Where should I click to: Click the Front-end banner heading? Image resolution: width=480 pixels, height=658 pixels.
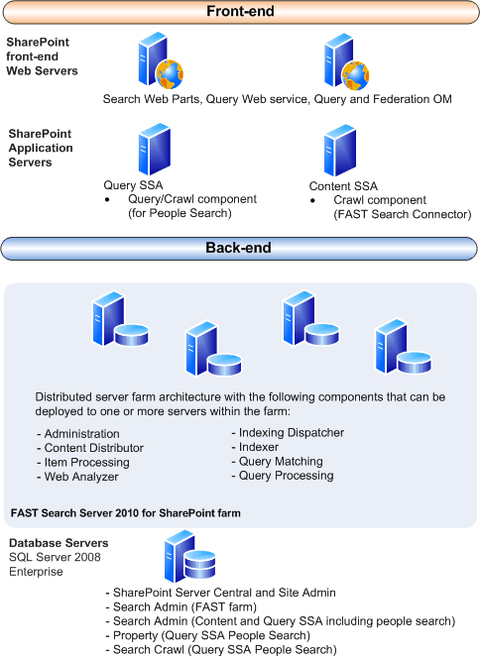pyautogui.click(x=241, y=12)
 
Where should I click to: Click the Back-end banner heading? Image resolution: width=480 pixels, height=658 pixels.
pyautogui.click(x=240, y=247)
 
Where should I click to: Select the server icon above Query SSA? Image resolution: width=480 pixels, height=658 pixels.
pyautogui.click(x=152, y=149)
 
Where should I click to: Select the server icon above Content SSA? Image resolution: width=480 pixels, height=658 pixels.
pyautogui.click(x=339, y=149)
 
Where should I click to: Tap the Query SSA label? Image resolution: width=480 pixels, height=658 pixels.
pyautogui.click(x=133, y=185)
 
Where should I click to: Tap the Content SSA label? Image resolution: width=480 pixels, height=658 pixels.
pyautogui.click(x=343, y=185)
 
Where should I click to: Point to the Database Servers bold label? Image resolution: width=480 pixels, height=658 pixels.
pyautogui.click(x=59, y=543)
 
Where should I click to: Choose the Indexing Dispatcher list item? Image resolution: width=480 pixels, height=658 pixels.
pyautogui.click(x=287, y=433)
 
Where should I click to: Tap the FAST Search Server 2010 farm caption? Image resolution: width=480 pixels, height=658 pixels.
pyautogui.click(x=125, y=513)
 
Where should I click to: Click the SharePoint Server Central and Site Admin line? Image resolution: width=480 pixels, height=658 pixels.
pyautogui.click(x=224, y=593)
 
